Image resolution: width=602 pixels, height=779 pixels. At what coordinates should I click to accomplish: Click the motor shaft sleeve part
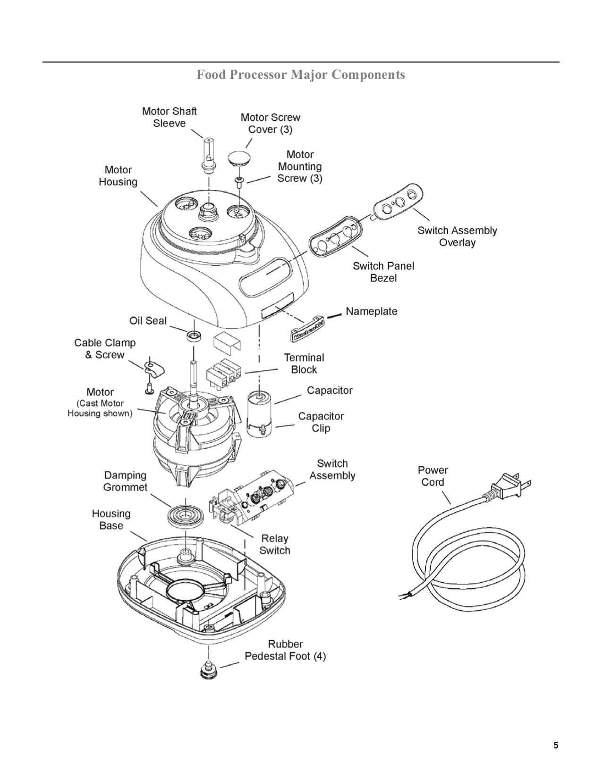point(208,153)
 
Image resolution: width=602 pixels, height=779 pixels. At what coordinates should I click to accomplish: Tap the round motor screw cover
point(239,158)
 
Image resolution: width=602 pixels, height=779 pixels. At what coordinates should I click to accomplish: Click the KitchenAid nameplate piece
point(306,330)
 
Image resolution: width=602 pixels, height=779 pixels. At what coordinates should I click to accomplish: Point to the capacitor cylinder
point(259,411)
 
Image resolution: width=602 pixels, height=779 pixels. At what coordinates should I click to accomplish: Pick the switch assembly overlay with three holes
point(399,202)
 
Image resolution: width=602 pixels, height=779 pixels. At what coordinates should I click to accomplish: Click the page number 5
point(556,745)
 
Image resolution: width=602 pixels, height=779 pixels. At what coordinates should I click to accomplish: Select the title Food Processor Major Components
point(301,75)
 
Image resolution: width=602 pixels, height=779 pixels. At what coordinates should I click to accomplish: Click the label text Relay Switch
point(275,544)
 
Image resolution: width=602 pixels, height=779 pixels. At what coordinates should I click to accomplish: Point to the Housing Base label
point(111,519)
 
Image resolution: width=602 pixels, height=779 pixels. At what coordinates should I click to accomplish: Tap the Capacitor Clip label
point(321,422)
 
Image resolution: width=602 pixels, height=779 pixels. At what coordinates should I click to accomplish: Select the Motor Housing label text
point(118,176)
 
